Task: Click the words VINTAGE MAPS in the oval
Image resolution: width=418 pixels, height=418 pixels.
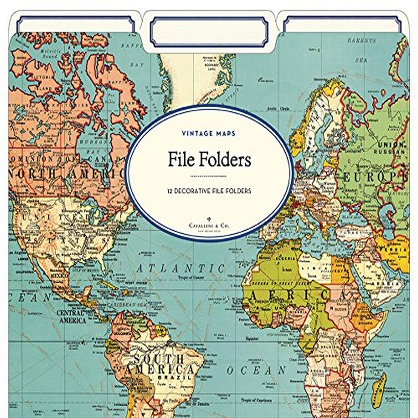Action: [208, 133]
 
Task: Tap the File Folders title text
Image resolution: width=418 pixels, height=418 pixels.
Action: [209, 160]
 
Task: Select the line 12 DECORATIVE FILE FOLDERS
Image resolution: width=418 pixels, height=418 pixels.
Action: [209, 191]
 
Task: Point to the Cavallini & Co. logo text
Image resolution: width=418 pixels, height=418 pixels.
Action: [209, 226]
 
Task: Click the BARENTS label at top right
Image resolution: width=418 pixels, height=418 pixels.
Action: [361, 41]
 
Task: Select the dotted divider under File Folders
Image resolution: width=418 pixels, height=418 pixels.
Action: [208, 176]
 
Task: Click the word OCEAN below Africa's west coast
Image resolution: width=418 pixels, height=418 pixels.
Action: [256, 370]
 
